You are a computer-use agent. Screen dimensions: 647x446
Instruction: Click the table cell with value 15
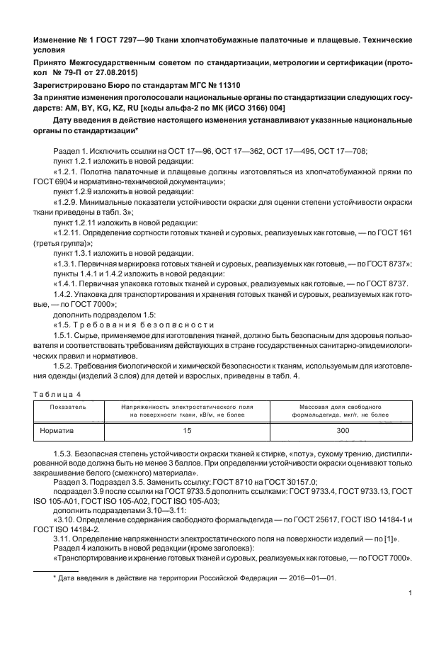pyautogui.click(x=187, y=429)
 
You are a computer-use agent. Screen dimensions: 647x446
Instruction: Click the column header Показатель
pyautogui.click(x=68, y=407)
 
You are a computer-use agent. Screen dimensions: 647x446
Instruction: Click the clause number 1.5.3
pyautogui.click(x=65, y=452)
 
